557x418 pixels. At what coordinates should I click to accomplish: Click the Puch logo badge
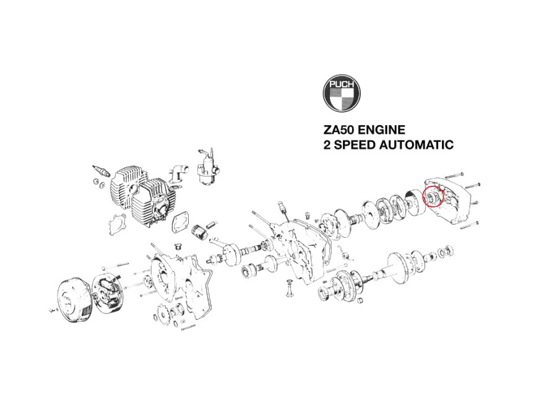coord(342,93)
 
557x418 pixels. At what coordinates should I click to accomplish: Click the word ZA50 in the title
coord(339,130)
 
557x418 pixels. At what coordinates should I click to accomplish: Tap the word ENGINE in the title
coord(381,130)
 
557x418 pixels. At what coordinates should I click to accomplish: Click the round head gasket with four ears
coord(117,225)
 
